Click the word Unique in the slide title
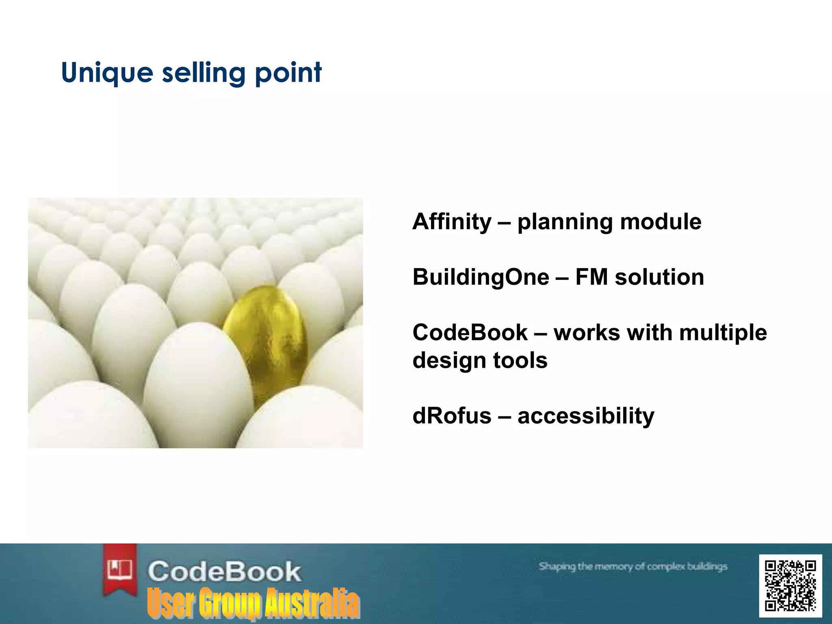click(x=107, y=73)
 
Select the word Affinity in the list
click(x=452, y=222)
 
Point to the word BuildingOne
click(x=481, y=277)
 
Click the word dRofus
click(x=452, y=416)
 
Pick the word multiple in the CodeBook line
click(x=723, y=333)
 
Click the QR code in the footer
click(x=790, y=586)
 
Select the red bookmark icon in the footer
click(x=119, y=569)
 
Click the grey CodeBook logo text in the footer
click(x=224, y=571)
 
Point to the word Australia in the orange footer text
click(x=312, y=603)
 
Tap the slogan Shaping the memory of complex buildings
click(x=633, y=566)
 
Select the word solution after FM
click(x=659, y=277)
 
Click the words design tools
click(x=480, y=361)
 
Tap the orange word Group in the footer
click(x=230, y=603)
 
